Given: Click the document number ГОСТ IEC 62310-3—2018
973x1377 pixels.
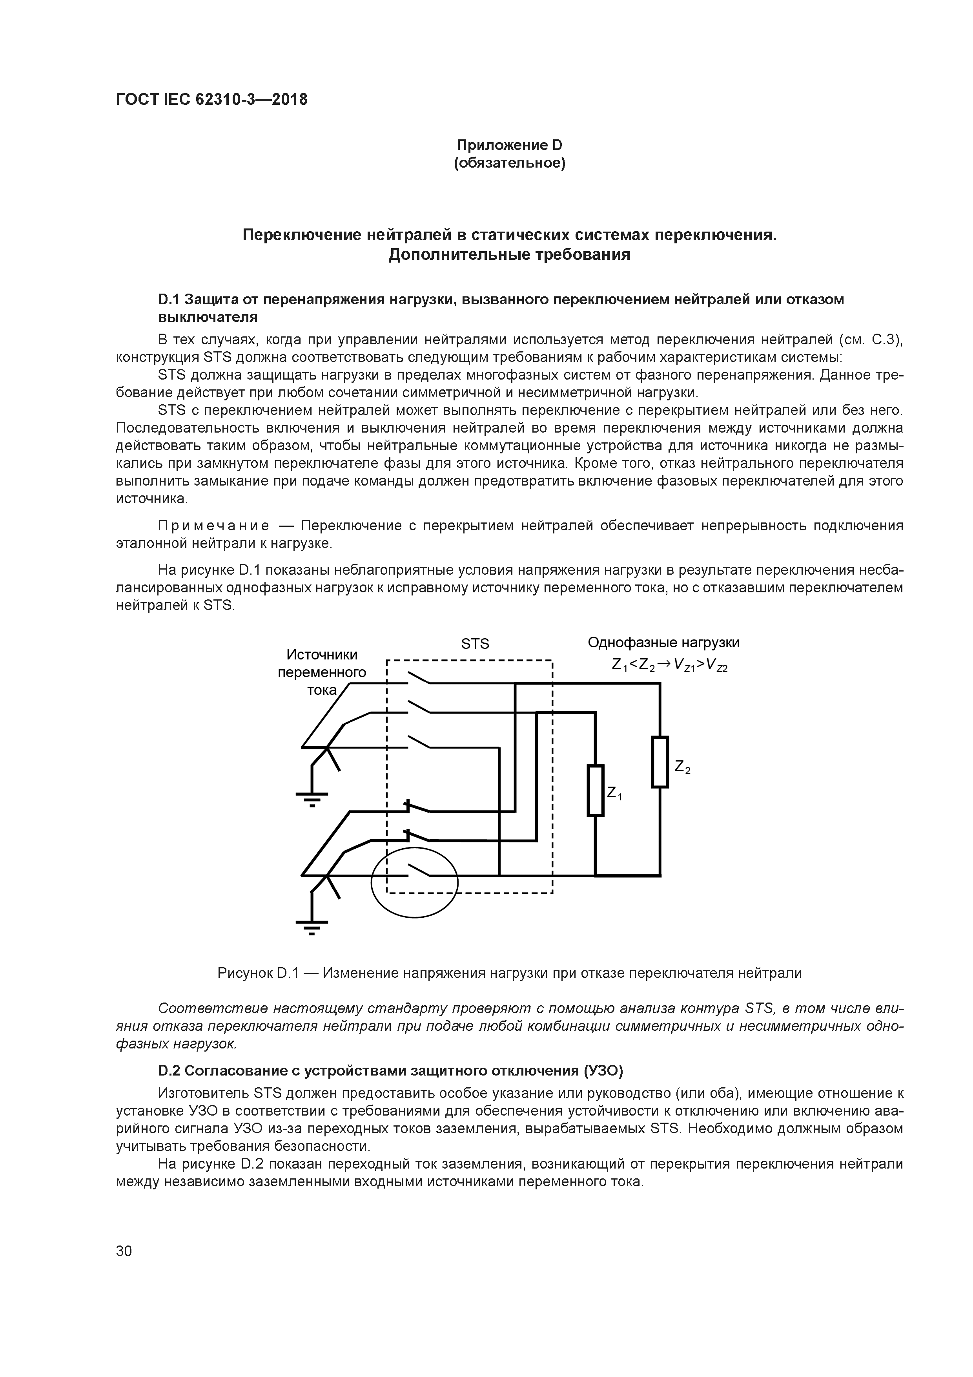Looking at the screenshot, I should pyautogui.click(x=211, y=100).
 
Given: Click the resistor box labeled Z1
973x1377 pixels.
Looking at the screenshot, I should pyautogui.click(x=595, y=791).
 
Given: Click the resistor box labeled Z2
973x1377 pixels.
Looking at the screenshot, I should pyautogui.click(x=660, y=762).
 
